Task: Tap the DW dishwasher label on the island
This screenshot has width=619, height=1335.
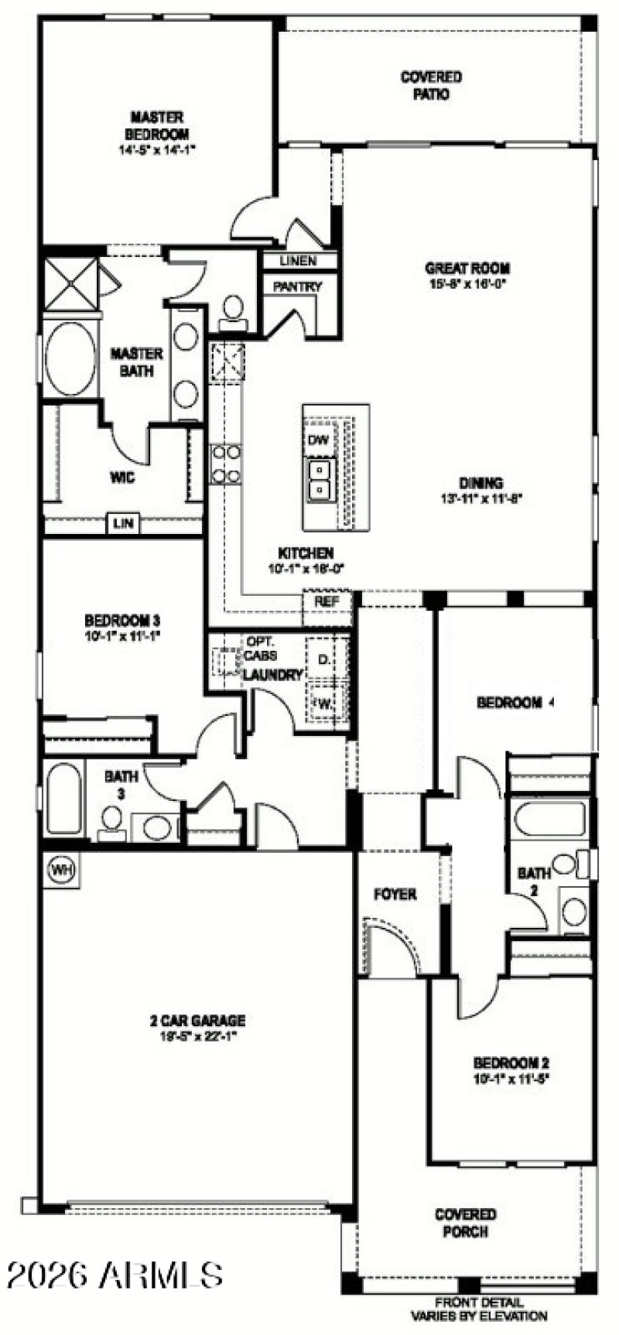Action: [318, 440]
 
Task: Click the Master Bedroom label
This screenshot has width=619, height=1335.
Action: [157, 126]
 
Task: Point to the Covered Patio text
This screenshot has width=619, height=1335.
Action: [431, 85]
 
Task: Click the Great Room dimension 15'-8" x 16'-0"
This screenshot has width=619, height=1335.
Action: [468, 284]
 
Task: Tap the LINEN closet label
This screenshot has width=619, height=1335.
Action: [298, 262]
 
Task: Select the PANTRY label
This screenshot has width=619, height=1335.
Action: [297, 286]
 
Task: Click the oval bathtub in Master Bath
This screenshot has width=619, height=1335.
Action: [70, 358]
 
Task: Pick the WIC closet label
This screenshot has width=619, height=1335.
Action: [122, 478]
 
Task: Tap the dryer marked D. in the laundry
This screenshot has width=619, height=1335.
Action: [324, 659]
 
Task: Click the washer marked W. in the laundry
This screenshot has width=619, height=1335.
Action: [323, 703]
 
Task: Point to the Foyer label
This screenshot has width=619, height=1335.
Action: [395, 894]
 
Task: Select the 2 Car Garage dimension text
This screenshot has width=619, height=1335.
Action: [197, 1035]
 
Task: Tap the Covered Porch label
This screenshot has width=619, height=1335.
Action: [465, 1223]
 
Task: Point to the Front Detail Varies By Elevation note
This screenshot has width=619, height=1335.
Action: [478, 1309]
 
